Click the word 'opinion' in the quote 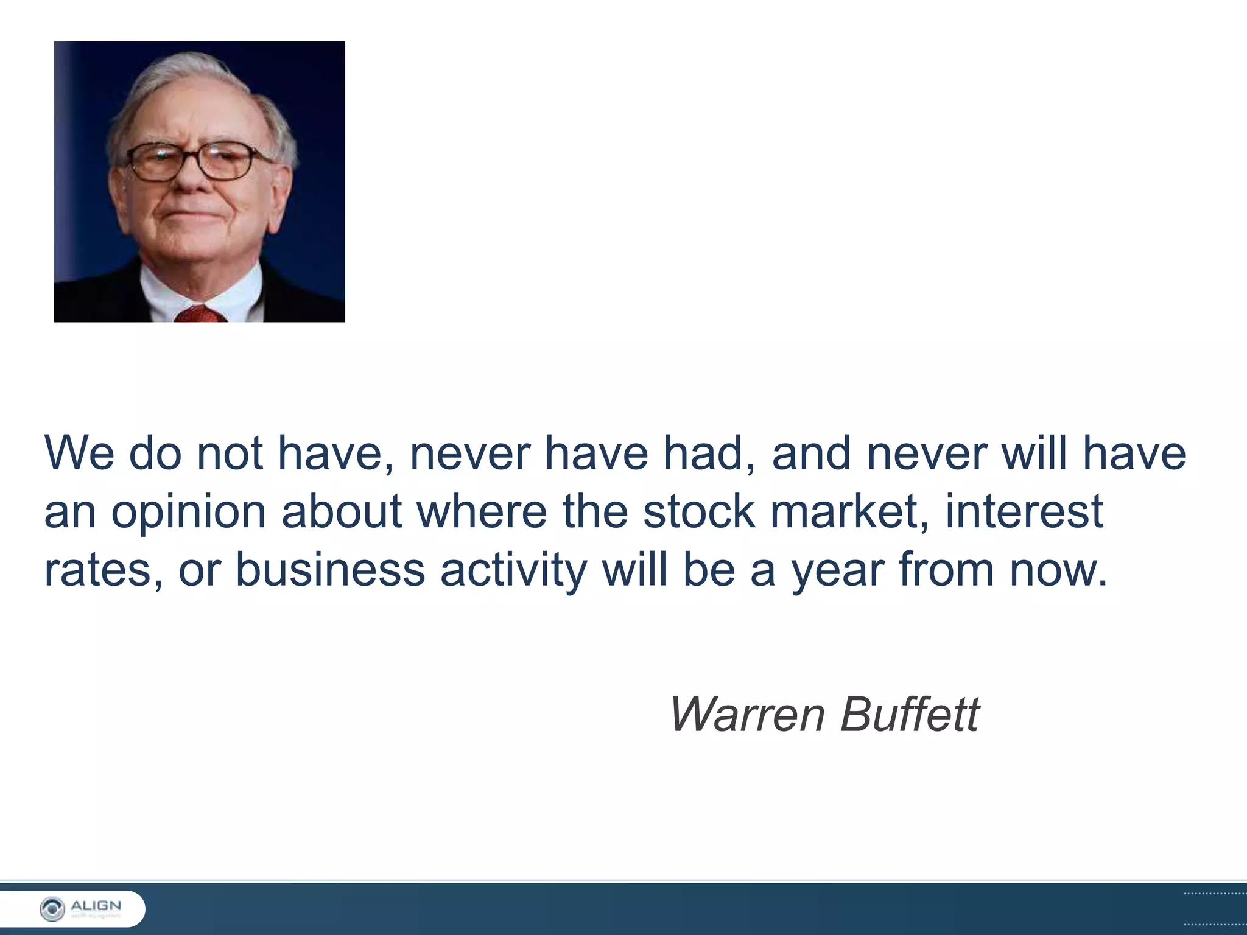188,513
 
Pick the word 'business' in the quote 330,570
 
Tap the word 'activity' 513,571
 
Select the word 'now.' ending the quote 1058,571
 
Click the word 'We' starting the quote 79,453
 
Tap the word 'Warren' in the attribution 746,715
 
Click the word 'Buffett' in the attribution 910,713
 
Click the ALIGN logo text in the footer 96,906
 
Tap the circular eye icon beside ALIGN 52,909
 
